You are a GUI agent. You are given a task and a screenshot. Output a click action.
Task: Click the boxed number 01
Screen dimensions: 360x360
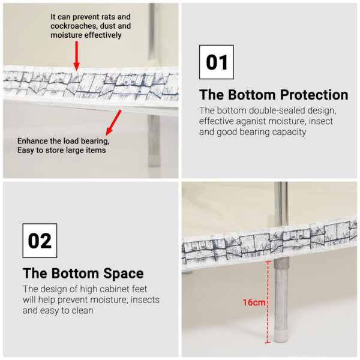click(217, 62)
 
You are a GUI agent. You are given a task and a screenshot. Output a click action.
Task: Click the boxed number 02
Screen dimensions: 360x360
click(40, 241)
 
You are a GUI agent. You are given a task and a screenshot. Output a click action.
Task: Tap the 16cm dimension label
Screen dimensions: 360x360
click(254, 302)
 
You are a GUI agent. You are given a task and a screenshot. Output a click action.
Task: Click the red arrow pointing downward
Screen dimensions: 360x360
click(76, 56)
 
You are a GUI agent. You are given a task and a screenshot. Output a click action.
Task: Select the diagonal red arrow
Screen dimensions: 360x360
click(113, 122)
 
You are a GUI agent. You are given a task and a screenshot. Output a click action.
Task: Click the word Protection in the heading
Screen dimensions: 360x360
click(314, 95)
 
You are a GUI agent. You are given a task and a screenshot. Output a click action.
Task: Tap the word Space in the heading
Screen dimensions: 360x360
click(123, 274)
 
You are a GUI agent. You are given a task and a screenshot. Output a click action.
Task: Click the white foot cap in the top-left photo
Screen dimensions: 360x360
click(154, 160)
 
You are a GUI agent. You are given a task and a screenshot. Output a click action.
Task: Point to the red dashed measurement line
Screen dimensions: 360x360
click(268, 302)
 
